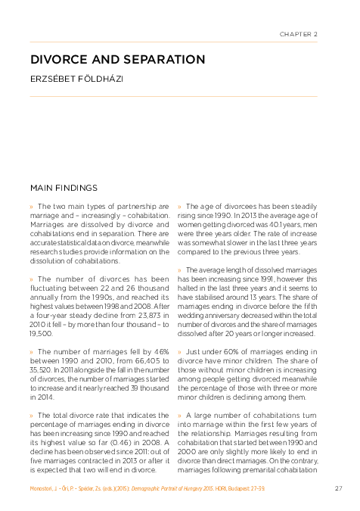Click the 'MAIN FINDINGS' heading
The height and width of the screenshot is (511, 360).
click(x=63, y=186)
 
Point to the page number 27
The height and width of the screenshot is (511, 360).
click(x=338, y=488)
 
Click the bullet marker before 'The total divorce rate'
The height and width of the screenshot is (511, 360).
click(x=32, y=416)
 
